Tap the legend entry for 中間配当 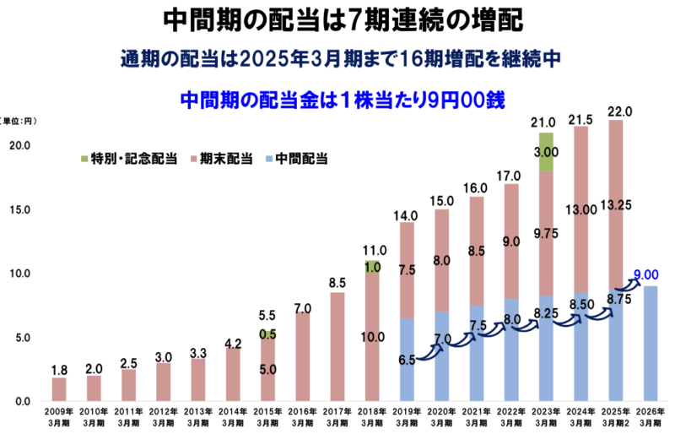(300, 158)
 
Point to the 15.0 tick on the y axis (21, 209)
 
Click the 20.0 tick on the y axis (21, 145)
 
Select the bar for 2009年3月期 (59, 389)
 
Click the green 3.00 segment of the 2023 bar (546, 152)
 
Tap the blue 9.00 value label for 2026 (646, 274)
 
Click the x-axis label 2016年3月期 (302, 416)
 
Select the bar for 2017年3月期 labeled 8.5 (337, 346)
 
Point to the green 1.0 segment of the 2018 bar (372, 267)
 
